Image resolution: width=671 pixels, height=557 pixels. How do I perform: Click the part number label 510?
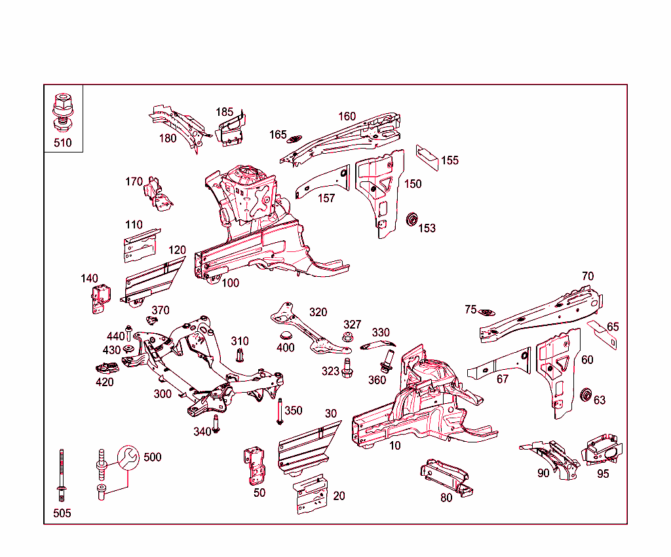pyautogui.click(x=63, y=143)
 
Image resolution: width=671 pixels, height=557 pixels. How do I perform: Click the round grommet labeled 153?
pyautogui.click(x=412, y=219)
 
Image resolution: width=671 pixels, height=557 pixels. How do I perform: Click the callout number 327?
pyautogui.click(x=353, y=325)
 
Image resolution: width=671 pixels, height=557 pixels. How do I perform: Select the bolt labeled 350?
pyautogui.click(x=280, y=411)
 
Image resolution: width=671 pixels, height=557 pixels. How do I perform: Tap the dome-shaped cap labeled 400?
pyautogui.click(x=285, y=336)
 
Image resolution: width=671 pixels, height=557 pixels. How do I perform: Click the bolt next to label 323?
pyautogui.click(x=347, y=368)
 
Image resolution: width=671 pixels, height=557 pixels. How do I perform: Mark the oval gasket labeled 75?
pyautogui.click(x=486, y=312)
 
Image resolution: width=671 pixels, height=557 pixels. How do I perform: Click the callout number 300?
pyautogui.click(x=163, y=393)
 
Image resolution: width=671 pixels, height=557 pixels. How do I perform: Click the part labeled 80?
pyautogui.click(x=445, y=476)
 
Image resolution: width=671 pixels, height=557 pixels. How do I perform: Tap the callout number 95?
pyautogui.click(x=603, y=473)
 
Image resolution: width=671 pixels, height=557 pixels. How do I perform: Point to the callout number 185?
pyautogui.click(x=225, y=112)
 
